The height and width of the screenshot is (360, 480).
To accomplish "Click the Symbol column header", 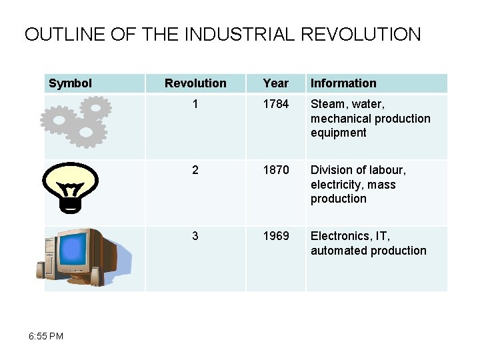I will click(71, 83).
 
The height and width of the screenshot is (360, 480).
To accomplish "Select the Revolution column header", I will click(195, 83).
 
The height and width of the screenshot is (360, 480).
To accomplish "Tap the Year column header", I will click(275, 83).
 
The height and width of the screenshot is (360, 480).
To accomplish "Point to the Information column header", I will click(343, 83).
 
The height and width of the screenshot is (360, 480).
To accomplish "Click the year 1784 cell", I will click(276, 104).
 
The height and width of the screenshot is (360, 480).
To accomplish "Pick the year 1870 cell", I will click(276, 170).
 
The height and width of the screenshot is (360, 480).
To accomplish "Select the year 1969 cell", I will click(276, 236).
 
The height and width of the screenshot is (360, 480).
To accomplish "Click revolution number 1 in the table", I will click(195, 104).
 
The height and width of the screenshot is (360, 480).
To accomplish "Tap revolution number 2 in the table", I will click(195, 170).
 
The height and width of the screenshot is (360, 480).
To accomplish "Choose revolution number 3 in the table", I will click(195, 236).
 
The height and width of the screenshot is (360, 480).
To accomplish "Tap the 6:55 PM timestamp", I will click(47, 336).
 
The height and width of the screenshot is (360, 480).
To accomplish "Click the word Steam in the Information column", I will click(327, 104).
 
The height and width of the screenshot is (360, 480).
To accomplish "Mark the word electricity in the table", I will click(335, 185).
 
